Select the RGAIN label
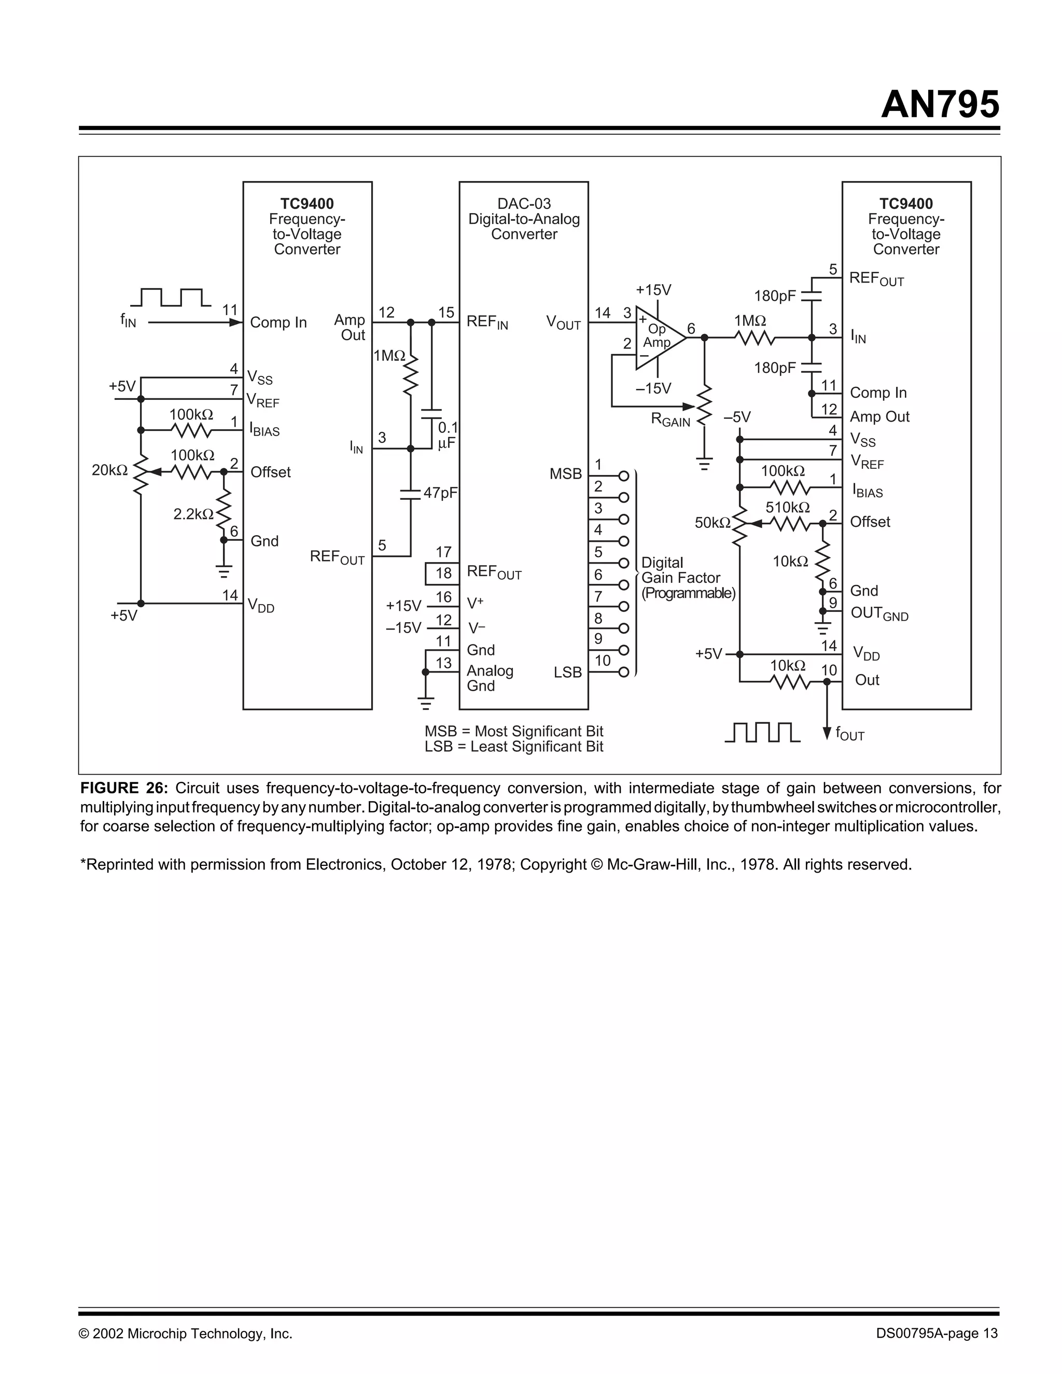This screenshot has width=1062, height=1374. point(670,420)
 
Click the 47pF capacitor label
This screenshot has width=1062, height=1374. point(440,493)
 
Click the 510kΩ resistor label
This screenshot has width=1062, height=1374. point(787,507)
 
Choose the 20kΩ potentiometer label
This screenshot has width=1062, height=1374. point(109,470)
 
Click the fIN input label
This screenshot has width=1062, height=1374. point(128,321)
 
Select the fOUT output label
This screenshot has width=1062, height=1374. point(849,734)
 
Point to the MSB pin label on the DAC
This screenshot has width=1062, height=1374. point(565,474)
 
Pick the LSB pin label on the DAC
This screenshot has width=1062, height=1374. point(567,672)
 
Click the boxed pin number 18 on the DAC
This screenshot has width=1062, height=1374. point(443,573)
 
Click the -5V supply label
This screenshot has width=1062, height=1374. point(737,417)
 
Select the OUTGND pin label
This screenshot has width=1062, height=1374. point(879,613)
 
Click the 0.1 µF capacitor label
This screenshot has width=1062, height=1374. point(448,436)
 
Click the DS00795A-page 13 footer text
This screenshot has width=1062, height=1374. point(936,1334)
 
